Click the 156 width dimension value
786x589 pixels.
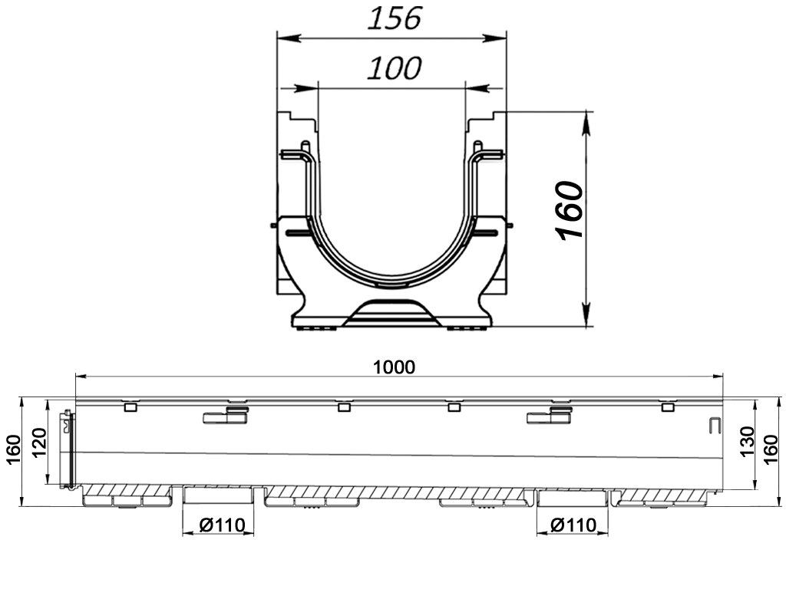coord(395,18)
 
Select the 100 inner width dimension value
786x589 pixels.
coord(395,68)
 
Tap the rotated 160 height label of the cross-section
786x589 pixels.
coord(570,210)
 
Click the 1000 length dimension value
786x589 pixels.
coord(394,367)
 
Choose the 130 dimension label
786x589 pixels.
coord(747,441)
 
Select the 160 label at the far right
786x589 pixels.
coord(772,449)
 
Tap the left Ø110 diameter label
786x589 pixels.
coord(222,525)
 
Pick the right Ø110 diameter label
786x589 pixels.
coord(573,525)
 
